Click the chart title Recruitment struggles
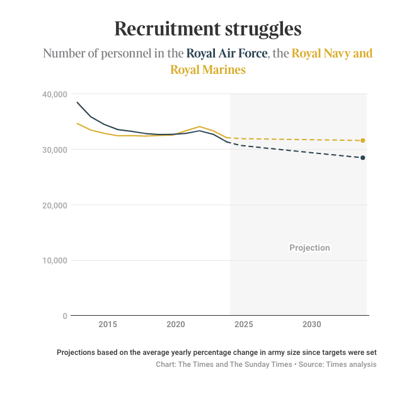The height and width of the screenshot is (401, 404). pos(208,29)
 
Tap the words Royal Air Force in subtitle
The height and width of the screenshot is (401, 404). pos(228,54)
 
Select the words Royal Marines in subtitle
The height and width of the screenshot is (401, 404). pos(208,70)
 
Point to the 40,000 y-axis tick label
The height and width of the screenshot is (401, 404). pos(54,94)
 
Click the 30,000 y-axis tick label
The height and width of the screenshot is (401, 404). pos(54,150)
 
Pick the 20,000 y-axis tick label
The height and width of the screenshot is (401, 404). pos(54,205)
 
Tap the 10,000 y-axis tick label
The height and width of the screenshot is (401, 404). pos(54,261)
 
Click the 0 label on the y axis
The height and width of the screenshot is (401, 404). pos(64,316)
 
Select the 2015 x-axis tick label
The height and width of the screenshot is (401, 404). pos(108,325)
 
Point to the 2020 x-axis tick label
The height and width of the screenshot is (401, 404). pos(175,325)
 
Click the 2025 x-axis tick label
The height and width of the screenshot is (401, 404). pos(243,325)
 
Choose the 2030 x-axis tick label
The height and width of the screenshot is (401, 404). pos(311,325)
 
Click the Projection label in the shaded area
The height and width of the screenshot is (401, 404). pos(309,248)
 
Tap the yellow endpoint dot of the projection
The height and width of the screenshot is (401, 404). pos(363,140)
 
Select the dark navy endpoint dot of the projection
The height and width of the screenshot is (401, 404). pos(363,157)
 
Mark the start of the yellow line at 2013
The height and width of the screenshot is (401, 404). pos(78,124)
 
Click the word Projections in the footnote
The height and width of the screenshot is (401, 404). pos(79,352)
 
